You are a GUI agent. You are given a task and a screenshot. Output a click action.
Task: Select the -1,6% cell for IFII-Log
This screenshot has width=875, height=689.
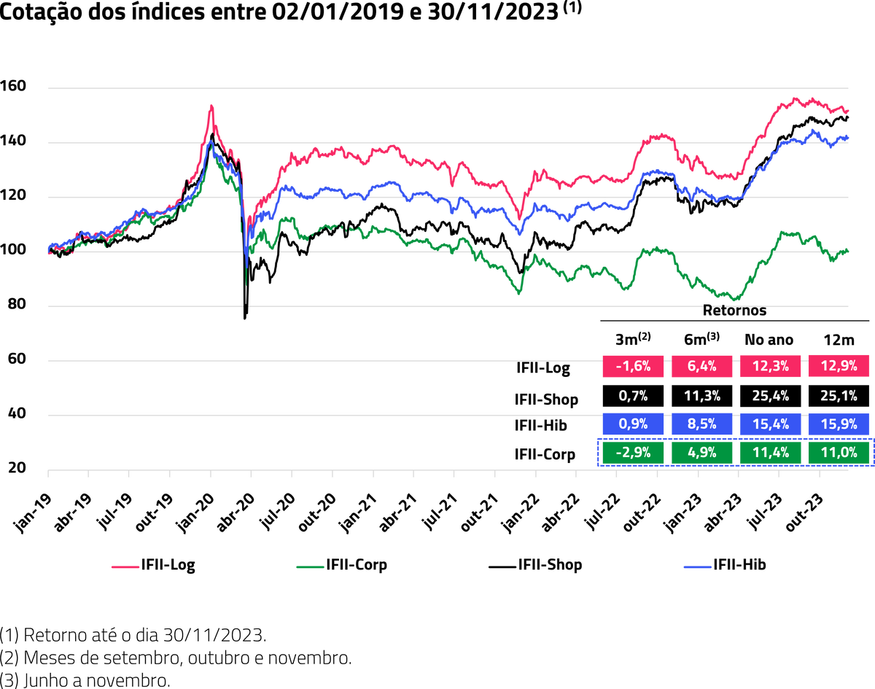click(633, 366)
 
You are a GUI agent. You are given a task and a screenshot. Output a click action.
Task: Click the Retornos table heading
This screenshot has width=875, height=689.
click(734, 310)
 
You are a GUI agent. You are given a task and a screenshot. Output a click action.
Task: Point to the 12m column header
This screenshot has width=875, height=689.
click(839, 339)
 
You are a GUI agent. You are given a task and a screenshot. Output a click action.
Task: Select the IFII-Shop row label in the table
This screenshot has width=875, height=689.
click(546, 399)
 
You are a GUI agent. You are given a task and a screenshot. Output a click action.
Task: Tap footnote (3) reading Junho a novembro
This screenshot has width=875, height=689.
click(85, 680)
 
